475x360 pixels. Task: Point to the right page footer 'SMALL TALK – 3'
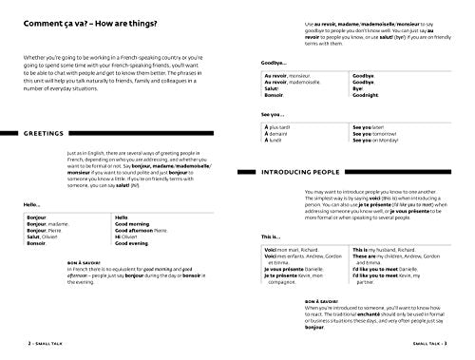click(x=445, y=351)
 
